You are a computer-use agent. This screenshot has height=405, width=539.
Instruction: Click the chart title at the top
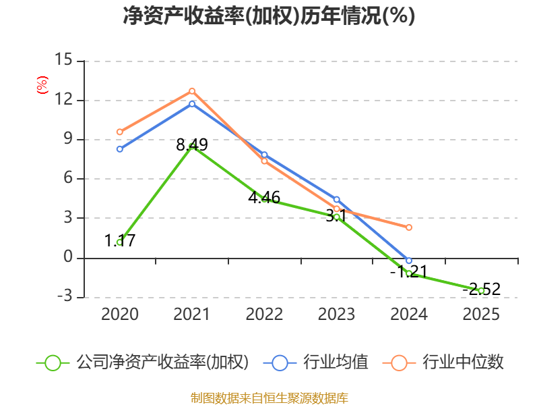[269, 16]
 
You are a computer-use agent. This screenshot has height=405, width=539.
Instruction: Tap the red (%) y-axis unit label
[42, 85]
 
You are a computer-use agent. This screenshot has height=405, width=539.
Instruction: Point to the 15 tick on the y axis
[63, 59]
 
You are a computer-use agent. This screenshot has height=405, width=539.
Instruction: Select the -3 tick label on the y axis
[65, 296]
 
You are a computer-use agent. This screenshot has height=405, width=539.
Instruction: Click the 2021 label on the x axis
[192, 314]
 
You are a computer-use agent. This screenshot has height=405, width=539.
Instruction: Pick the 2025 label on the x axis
[481, 314]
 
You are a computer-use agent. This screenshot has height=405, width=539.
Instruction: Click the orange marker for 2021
[192, 91]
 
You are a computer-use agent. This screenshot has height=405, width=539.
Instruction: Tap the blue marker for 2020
[120, 149]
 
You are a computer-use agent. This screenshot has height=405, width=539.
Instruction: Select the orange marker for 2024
[409, 227]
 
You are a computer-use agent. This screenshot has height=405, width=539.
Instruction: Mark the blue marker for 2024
[409, 261]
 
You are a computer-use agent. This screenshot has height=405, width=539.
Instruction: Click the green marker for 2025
[481, 291]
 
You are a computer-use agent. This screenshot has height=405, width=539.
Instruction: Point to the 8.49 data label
[192, 144]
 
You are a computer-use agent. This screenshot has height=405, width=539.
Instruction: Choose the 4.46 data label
[264, 197]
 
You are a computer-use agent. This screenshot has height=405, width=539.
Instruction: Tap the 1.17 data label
[120, 240]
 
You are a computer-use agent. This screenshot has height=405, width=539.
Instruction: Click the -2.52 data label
[481, 289]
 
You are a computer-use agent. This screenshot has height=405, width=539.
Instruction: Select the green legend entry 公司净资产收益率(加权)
[142, 362]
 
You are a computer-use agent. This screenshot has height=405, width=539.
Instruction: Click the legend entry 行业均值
[315, 362]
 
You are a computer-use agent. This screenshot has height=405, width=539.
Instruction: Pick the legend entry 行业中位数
[443, 362]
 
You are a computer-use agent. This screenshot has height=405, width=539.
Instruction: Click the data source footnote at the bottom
[269, 398]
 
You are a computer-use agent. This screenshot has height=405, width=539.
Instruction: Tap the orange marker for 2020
[120, 132]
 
